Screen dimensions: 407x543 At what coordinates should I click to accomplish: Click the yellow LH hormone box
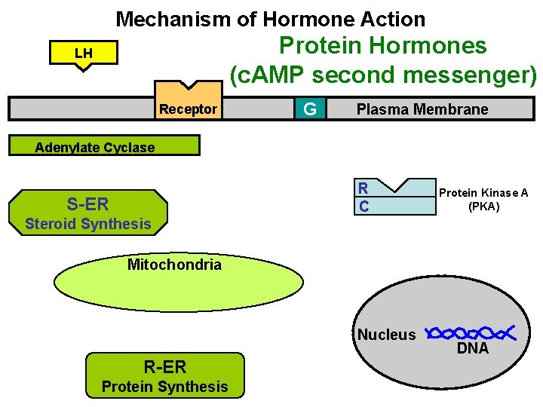pyautogui.click(x=83, y=54)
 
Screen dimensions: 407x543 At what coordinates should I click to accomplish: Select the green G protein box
pyautogui.click(x=309, y=109)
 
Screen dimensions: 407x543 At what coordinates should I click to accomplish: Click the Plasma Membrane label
pyautogui.click(x=422, y=109)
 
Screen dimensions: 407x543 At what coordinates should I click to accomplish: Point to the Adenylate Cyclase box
pyautogui.click(x=103, y=145)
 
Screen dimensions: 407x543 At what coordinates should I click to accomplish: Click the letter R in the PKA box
pyautogui.click(x=364, y=188)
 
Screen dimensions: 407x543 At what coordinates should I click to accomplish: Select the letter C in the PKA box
pyautogui.click(x=364, y=206)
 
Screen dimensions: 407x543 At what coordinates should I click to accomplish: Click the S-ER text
pyautogui.click(x=87, y=203)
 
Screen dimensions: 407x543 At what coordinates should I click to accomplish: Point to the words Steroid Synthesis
pyautogui.click(x=87, y=224)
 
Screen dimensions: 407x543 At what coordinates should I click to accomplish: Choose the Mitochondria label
pyautogui.click(x=174, y=265)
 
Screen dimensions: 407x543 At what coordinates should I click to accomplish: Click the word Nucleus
pyautogui.click(x=386, y=335)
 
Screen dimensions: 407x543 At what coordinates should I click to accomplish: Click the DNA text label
pyautogui.click(x=473, y=349)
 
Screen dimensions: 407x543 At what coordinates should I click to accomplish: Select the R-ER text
pyautogui.click(x=164, y=367)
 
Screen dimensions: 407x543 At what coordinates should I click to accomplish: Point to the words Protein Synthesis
pyautogui.click(x=164, y=387)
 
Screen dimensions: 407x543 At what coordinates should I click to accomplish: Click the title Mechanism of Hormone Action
pyautogui.click(x=271, y=19)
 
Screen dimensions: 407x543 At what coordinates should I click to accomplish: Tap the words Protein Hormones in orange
pyautogui.click(x=382, y=46)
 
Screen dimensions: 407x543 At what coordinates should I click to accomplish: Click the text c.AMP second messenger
pyautogui.click(x=383, y=75)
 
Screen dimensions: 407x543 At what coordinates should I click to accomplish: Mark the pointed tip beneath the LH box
pyautogui.click(x=83, y=69)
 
